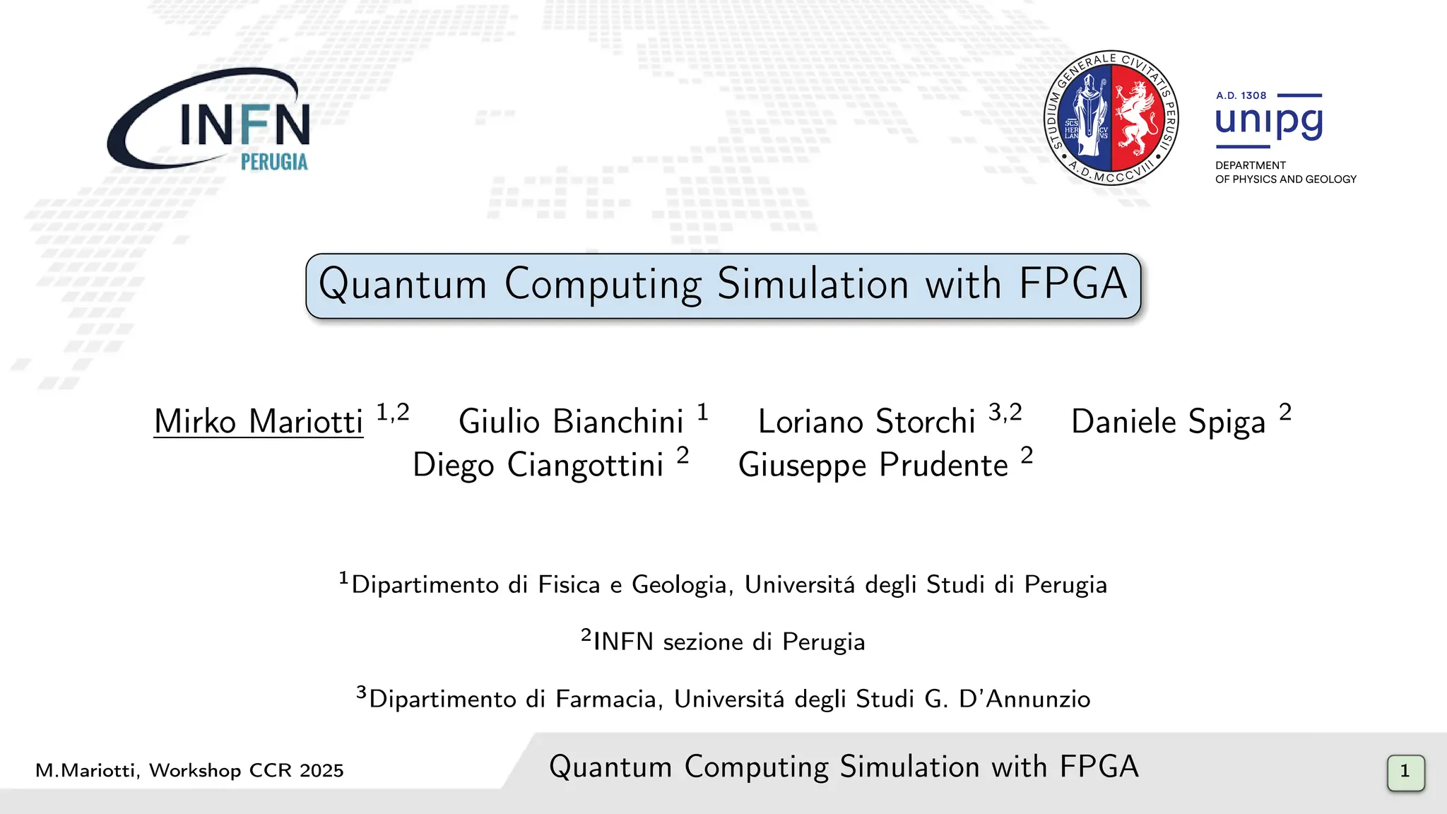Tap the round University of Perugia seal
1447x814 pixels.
coord(1111,117)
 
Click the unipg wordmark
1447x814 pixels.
coord(1269,122)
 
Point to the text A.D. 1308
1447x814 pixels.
coord(1241,95)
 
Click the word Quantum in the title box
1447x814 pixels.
coord(403,285)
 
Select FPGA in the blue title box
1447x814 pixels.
coord(1073,285)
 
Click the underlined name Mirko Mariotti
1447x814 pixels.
coord(259,422)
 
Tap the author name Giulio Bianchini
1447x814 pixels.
coord(571,422)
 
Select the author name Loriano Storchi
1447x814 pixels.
coord(866,422)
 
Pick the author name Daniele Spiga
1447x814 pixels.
coord(1168,422)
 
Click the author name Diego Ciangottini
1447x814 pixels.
coord(538,466)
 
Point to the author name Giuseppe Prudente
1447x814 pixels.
coord(873,466)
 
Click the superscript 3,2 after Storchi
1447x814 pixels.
coord(1005,412)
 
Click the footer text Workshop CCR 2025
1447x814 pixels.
coord(246,770)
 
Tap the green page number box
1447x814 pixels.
coord(1405,772)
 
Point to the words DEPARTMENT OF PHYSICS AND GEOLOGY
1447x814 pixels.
coord(1285,172)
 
